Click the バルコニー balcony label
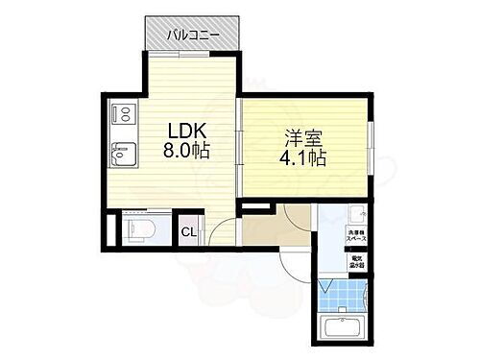click(194, 36)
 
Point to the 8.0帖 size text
click(186, 150)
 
